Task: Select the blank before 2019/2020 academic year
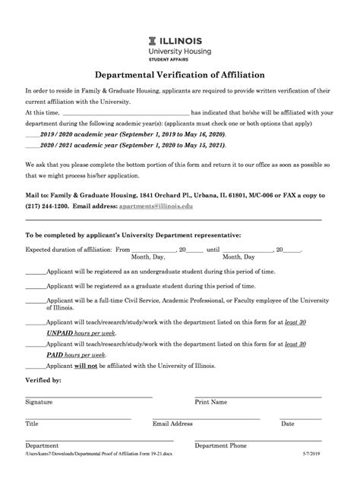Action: point(33,131)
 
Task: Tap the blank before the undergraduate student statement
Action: point(36,271)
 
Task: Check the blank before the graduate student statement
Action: point(36,286)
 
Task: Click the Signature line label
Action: point(39,402)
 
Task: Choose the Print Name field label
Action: point(211,402)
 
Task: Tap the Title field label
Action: point(32,423)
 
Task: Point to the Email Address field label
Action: point(172,423)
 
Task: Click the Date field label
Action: point(287,423)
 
